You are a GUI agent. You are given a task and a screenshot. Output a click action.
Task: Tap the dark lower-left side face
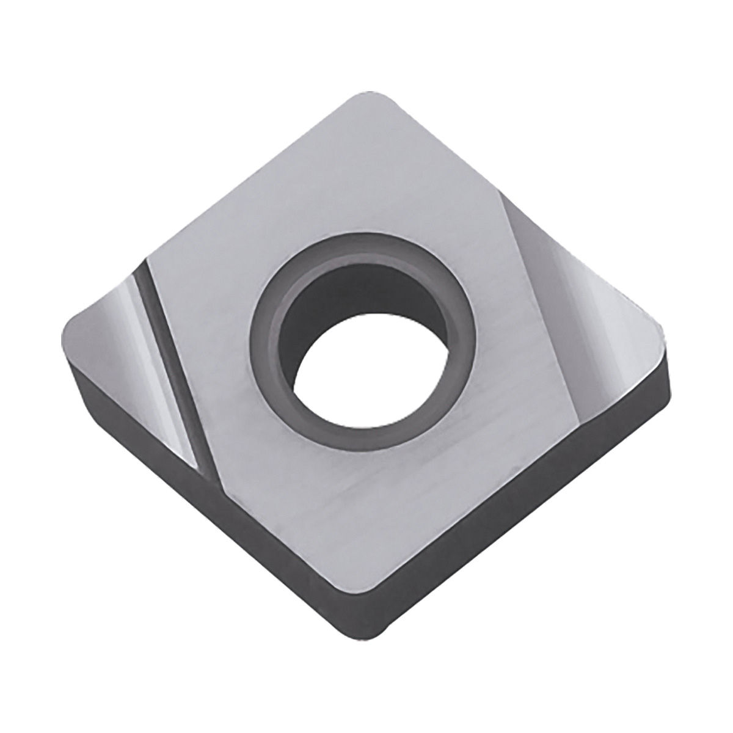[x=244, y=538]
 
